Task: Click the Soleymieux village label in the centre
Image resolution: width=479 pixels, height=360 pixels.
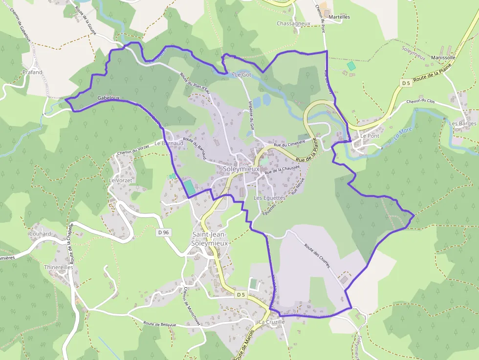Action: (241, 169)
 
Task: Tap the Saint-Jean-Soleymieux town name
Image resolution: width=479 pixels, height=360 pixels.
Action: (210, 238)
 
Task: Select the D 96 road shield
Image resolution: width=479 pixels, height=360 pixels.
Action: (164, 233)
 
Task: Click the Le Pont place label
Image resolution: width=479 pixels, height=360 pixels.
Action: (370, 136)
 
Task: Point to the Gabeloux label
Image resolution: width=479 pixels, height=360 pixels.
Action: (108, 98)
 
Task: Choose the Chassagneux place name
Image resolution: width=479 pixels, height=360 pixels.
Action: (293, 23)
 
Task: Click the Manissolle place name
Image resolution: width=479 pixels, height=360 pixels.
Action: (443, 57)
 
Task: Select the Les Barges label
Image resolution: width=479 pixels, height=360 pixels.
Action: (462, 124)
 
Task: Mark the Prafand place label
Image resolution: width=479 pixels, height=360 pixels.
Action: (32, 72)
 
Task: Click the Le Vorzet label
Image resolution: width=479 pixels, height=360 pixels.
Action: (120, 180)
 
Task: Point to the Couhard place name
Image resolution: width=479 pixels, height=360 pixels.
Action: (40, 233)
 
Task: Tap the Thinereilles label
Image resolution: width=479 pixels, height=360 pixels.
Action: (58, 267)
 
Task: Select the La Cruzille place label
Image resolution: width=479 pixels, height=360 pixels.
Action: (272, 322)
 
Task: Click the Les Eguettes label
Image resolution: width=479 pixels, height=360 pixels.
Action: (270, 198)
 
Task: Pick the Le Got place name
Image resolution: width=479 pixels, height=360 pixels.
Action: (243, 75)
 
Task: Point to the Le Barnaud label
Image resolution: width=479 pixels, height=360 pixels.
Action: (169, 144)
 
